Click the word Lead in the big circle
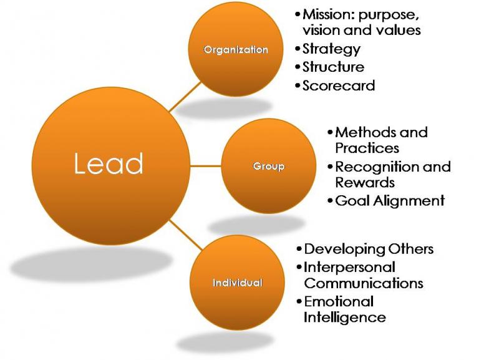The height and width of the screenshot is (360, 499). click(109, 163)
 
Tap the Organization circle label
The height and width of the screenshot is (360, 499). click(236, 50)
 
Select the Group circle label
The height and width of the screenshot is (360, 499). click(269, 167)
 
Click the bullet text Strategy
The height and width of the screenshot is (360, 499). click(331, 49)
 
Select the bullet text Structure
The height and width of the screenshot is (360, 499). click(333, 67)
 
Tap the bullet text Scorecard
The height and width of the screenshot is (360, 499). click(339, 85)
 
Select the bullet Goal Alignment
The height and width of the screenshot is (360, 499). click(390, 201)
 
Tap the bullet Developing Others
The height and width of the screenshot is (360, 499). click(369, 249)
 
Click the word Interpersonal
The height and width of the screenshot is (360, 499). click(349, 267)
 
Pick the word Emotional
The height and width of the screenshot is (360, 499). click(339, 301)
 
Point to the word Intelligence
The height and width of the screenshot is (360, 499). click(345, 317)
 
